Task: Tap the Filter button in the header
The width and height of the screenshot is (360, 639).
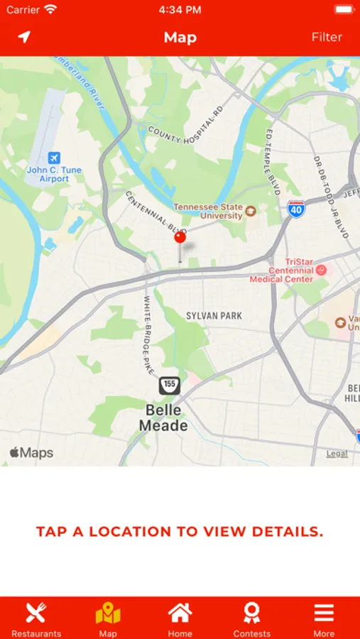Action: coord(327,37)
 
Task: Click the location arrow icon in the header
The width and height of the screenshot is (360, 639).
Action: coord(25,37)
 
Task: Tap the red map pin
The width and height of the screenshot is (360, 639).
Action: coord(180,238)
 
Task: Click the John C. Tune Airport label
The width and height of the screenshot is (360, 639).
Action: coord(54,175)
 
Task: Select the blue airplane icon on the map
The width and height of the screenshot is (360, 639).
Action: coord(54,158)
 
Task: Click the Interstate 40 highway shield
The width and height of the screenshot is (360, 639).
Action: coord(297,209)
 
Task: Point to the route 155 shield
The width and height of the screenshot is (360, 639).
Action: coord(169,386)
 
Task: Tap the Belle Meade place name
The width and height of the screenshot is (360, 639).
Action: coord(163,418)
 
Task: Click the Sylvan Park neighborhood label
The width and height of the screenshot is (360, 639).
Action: coord(214,315)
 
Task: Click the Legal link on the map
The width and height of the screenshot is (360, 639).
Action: coord(337,454)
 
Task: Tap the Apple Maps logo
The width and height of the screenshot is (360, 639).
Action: coord(31,452)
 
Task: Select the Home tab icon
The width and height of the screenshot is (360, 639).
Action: coord(180,613)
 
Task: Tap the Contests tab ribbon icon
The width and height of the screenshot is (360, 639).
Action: coord(251,613)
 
